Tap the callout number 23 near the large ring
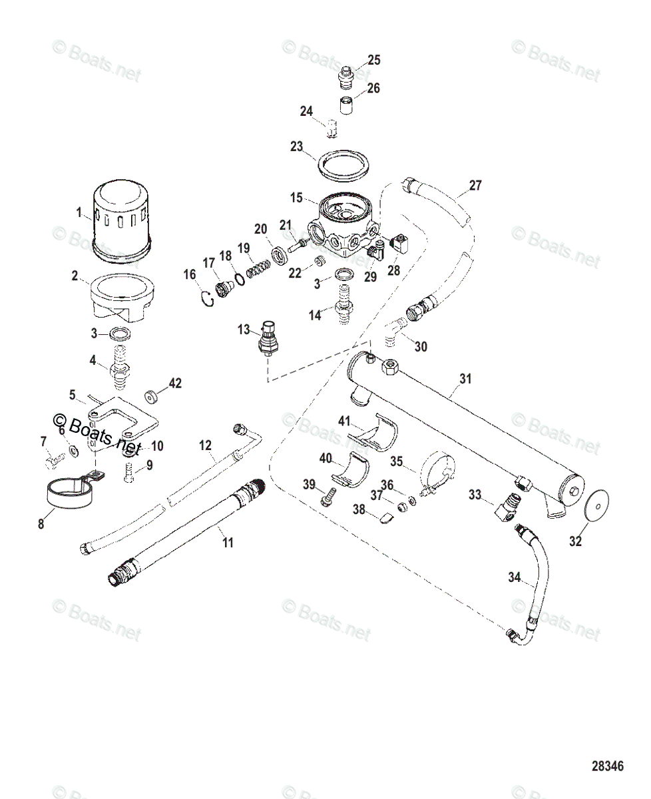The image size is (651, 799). [297, 146]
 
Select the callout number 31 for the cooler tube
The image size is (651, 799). [465, 379]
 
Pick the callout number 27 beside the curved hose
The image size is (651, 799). [475, 185]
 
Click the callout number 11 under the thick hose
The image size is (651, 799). [228, 543]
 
